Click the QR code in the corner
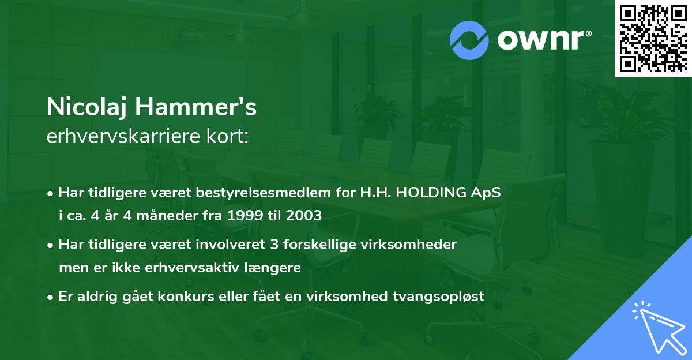point(653,38)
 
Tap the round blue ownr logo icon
point(470,40)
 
